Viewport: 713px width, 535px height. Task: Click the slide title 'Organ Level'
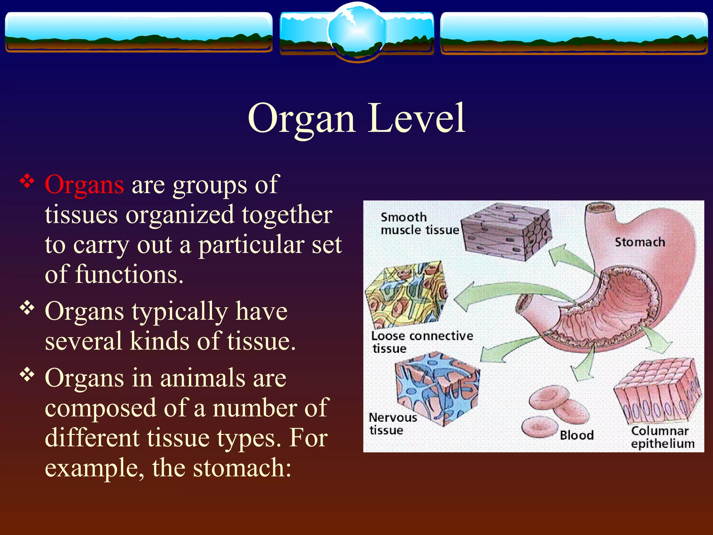356,118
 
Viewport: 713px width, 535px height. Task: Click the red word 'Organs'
84,185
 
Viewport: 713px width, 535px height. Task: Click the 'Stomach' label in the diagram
640,242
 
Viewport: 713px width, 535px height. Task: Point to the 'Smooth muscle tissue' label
419,224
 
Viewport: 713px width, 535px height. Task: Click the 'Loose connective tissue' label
422,342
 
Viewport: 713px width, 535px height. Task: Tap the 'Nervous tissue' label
392,424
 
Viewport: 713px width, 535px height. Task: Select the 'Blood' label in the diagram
577,435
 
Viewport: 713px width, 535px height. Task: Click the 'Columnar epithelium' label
662,437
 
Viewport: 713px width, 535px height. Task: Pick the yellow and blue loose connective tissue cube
406,294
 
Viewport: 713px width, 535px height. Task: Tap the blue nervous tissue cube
437,388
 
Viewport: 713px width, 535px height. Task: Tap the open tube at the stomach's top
600,209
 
